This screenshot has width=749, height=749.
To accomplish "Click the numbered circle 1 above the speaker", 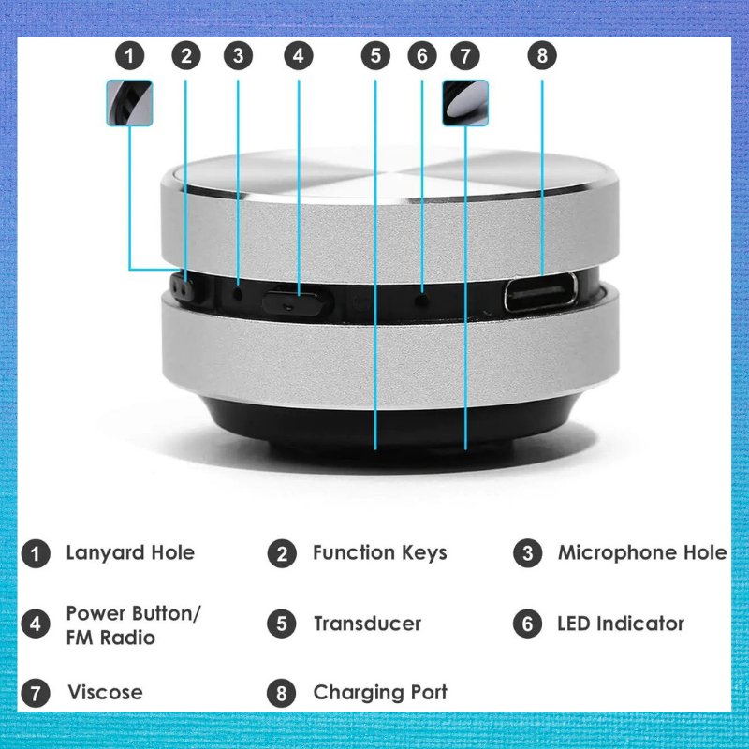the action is (x=129, y=56).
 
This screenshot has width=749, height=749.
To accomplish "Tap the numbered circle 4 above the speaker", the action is (x=299, y=56).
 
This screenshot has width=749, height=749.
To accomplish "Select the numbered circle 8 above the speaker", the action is (x=542, y=55).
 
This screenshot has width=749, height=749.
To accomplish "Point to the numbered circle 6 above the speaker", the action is (x=422, y=56).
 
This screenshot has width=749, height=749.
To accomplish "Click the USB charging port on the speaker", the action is (x=541, y=291).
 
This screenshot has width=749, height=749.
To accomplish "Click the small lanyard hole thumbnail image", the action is (x=129, y=103).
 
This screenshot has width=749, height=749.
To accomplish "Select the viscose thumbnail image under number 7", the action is (x=465, y=103).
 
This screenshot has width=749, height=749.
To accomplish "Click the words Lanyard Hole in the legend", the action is (x=130, y=552).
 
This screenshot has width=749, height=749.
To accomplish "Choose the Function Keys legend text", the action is (x=380, y=552).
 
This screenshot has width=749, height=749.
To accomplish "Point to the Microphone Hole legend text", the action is (x=642, y=552).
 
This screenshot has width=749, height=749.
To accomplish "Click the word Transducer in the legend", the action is (x=367, y=624).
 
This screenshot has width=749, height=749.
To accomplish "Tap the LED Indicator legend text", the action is (x=621, y=624).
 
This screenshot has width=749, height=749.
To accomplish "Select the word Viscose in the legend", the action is (x=105, y=692).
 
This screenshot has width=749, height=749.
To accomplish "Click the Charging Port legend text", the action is (x=380, y=693).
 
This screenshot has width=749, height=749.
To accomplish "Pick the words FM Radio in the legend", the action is (x=110, y=638).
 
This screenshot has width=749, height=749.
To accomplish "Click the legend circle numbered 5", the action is (x=282, y=624).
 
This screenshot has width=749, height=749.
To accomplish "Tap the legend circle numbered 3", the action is (x=528, y=553).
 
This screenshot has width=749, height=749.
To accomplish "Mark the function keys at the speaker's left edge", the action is (x=182, y=286).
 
